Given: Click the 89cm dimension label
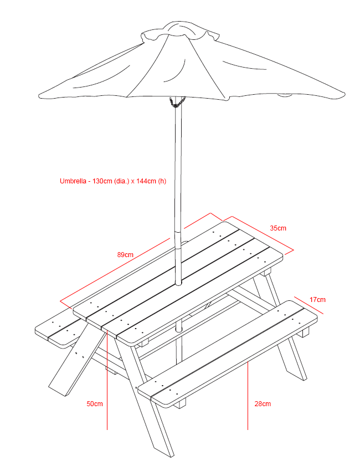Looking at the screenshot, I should [125, 255].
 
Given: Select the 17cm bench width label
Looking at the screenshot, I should [317, 300].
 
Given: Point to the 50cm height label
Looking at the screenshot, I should [95, 404].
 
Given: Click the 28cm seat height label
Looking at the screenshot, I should [263, 404].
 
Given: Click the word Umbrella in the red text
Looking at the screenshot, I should [73, 181].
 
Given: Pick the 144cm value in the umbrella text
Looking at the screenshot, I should [146, 181].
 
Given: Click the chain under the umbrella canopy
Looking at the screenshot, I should [176, 103].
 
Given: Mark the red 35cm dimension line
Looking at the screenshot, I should [260, 232].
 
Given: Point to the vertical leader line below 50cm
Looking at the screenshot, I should [106, 418].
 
